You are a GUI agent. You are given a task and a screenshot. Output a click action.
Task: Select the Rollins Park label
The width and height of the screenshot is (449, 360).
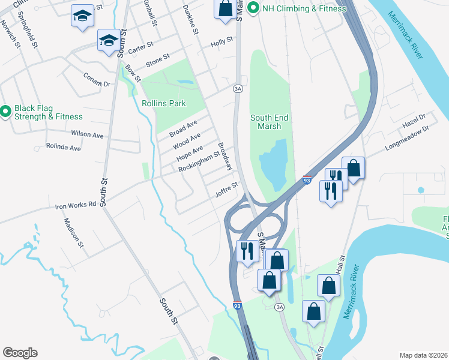tap(164, 103)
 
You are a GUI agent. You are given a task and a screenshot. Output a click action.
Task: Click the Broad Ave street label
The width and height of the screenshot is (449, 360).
tap(183, 128)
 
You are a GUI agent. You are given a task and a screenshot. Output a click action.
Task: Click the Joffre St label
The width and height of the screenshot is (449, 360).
tap(226, 190)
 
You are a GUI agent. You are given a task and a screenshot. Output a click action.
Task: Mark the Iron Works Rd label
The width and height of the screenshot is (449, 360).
tap(76, 205)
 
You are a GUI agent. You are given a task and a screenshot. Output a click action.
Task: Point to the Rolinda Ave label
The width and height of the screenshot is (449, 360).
tap(64, 147)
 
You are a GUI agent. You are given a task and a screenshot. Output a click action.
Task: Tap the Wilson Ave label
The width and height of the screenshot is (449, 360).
tap(84, 133)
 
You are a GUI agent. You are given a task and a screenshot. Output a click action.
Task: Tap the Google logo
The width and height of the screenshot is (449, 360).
tap(20, 353)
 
